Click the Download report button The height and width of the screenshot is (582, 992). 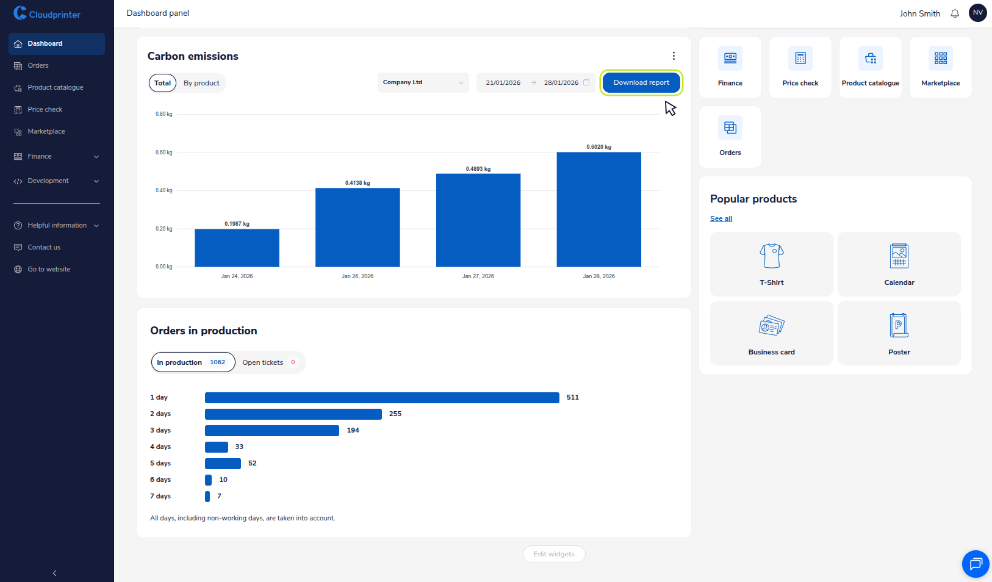click(x=641, y=82)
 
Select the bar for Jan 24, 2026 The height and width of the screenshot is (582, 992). click(x=237, y=248)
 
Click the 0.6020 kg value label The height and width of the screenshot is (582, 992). click(x=598, y=147)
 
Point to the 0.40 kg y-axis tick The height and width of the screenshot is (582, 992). click(x=164, y=190)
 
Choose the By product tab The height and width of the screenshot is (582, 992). click(x=201, y=83)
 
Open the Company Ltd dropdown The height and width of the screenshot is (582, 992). click(x=423, y=82)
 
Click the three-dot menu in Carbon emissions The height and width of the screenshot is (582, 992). click(x=674, y=56)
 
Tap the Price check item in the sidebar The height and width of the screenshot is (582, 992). click(x=45, y=109)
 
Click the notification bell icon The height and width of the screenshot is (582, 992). click(x=955, y=13)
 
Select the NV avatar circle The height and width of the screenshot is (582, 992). click(x=977, y=13)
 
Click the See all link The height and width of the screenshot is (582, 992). click(x=721, y=218)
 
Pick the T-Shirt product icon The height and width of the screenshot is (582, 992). click(x=771, y=256)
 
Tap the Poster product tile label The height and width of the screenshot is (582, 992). click(x=899, y=352)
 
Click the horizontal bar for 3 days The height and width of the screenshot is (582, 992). click(x=271, y=431)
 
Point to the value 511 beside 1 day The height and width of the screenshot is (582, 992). click(x=572, y=397)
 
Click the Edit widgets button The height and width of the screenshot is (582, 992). click(x=553, y=554)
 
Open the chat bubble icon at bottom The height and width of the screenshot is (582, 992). click(x=975, y=564)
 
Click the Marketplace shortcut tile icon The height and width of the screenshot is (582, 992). click(x=940, y=59)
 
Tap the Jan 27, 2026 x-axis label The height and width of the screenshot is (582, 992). click(x=478, y=276)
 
